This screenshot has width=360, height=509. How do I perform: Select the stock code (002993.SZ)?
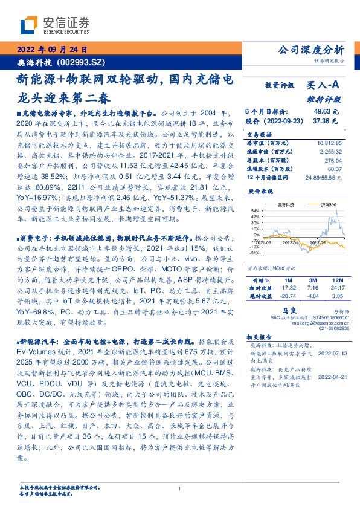[x=81, y=62]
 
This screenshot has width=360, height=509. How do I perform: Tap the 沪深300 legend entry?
[x=330, y=206]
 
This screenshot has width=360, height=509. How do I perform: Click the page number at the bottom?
[x=180, y=489]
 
